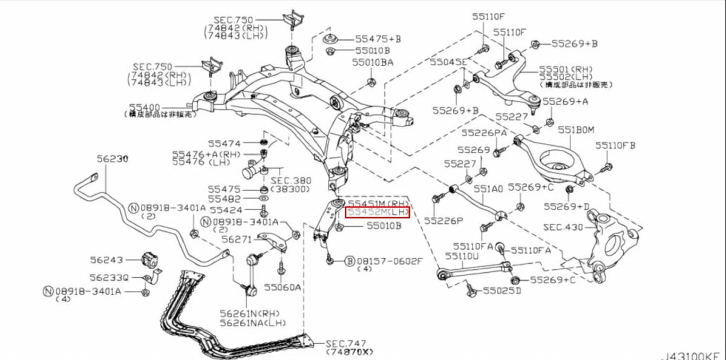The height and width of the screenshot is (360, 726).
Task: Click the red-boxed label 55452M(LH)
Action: coord(377,213)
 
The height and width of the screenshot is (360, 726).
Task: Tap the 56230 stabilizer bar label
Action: coord(113,159)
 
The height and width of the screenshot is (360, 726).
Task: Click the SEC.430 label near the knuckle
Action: coord(563,227)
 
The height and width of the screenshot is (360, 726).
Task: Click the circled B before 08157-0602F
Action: coord(349,261)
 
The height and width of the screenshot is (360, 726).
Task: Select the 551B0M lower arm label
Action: coord(576,129)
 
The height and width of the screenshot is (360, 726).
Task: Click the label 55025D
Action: coord(502,291)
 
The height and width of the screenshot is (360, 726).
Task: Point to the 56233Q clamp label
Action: coord(109,278)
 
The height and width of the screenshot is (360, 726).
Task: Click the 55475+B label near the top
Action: coord(378,39)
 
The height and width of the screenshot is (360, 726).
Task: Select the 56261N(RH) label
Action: coord(252,315)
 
